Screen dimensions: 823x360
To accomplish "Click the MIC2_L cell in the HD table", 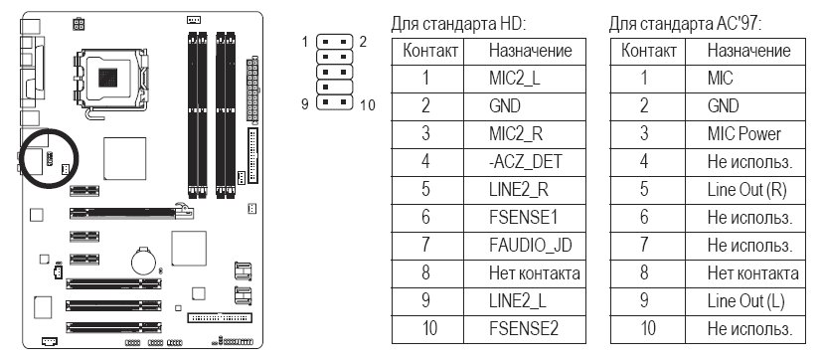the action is pyautogui.click(x=525, y=80).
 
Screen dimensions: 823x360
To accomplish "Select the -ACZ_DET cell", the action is pyautogui.click(x=525, y=162).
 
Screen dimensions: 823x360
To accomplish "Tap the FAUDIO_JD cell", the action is pyautogui.click(x=525, y=246).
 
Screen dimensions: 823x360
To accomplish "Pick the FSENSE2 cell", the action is pyautogui.click(x=525, y=329).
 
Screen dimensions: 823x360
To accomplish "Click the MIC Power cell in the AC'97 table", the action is pyautogui.click(x=744, y=134).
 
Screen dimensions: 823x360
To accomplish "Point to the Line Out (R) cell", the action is pyautogui.click(x=744, y=190).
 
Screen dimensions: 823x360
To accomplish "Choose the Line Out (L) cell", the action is pyautogui.click(x=744, y=301).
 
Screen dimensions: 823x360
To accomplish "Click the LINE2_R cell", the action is pyautogui.click(x=525, y=190).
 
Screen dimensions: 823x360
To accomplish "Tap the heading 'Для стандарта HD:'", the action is pyautogui.click(x=458, y=24).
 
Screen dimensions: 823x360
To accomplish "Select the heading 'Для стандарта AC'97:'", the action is pyautogui.click(x=685, y=24).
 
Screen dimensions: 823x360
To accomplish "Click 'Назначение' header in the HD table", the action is pyautogui.click(x=530, y=51).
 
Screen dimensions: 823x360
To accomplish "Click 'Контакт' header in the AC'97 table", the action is pyautogui.click(x=648, y=51).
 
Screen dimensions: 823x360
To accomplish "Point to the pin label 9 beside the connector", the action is pyautogui.click(x=305, y=103).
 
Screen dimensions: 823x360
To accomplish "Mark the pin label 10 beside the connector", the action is pyautogui.click(x=368, y=105).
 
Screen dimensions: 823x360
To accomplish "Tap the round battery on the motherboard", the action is pyautogui.click(x=143, y=261).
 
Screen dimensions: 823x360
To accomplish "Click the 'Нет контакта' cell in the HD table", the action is pyautogui.click(x=534, y=273).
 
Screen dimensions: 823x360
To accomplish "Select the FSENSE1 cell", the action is pyautogui.click(x=525, y=218).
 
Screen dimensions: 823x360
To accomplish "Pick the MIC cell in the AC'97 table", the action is pyautogui.click(x=744, y=80).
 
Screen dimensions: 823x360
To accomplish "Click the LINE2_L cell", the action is pyautogui.click(x=525, y=301).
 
